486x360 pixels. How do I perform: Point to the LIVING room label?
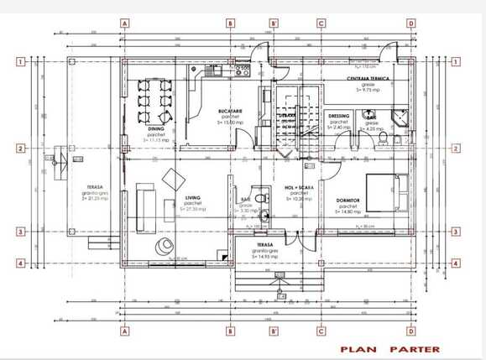(x=191, y=199)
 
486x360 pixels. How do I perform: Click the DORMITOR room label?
(x=348, y=200)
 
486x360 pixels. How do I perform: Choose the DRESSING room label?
(x=339, y=117)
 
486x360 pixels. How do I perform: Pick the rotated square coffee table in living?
(x=175, y=179)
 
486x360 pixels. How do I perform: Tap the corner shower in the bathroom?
(x=400, y=117)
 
